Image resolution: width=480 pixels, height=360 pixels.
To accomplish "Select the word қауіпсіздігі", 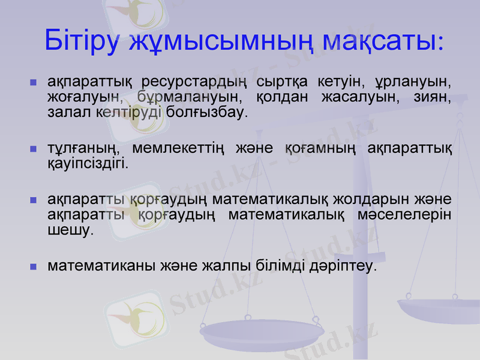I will (x=86, y=163).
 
